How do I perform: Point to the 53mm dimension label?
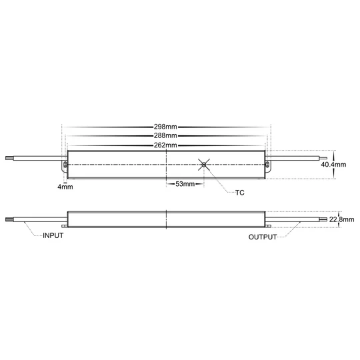coord(185,183)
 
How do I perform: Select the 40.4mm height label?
coord(333,164)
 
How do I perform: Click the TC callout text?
coord(241,193)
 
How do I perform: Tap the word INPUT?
coord(54,236)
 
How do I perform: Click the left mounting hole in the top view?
coord(65,163)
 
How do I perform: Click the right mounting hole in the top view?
coord(268,163)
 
